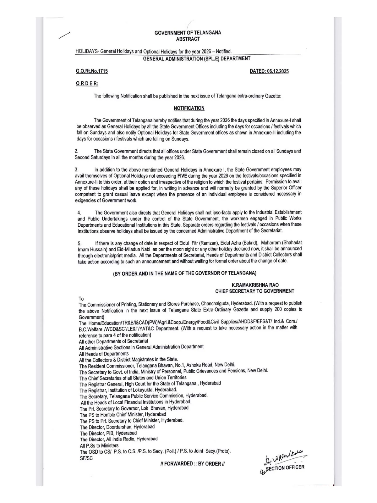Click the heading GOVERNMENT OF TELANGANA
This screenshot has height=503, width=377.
click(x=188, y=33)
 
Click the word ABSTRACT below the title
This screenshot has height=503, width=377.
click(x=188, y=39)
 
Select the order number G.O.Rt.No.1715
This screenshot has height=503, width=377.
click(x=92, y=71)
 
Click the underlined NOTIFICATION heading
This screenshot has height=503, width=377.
click(x=189, y=108)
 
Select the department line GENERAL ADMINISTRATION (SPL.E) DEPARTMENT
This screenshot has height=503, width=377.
click(x=197, y=58)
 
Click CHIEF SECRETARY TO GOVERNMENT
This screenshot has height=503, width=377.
click(x=254, y=291)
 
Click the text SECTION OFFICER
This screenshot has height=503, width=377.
click(x=285, y=467)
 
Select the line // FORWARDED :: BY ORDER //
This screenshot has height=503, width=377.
click(x=192, y=464)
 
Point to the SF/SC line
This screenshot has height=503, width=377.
click(x=86, y=458)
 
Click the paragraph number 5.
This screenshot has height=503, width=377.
click(x=80, y=243)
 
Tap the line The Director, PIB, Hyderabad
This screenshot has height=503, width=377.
click(x=108, y=433)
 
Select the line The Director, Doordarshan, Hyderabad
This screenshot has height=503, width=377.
click(x=117, y=427)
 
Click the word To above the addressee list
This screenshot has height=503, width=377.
click(x=81, y=299)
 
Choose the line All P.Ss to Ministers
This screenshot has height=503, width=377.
click(x=99, y=445)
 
